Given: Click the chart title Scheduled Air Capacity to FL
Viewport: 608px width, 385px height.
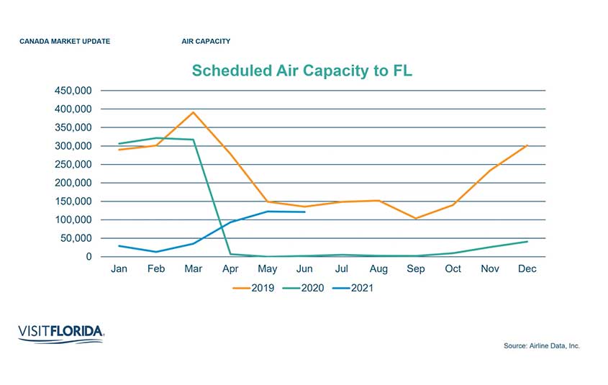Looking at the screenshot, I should (301, 71).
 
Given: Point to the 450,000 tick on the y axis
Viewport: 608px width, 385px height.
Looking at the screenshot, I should (73, 91).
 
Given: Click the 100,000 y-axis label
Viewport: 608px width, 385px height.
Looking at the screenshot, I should (73, 219).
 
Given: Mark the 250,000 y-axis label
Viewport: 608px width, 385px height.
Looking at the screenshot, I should (73, 164).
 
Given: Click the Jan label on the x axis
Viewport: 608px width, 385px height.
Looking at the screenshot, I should (119, 269).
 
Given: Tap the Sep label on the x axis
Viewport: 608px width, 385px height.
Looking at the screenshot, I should (416, 269).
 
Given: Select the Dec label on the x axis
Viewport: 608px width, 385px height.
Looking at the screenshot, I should (527, 269).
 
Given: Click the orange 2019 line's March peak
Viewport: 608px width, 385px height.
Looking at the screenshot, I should (194, 112).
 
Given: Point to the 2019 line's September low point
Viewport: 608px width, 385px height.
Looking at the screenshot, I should (416, 218).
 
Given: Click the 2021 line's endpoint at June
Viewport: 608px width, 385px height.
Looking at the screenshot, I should (305, 212).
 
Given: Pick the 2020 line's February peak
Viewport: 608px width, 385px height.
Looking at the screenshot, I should (157, 137).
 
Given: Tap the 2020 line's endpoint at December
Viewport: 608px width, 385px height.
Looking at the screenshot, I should (527, 241).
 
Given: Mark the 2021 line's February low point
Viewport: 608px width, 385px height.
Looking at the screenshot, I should (157, 252).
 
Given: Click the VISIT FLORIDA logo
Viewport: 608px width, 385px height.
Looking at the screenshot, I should (60, 333).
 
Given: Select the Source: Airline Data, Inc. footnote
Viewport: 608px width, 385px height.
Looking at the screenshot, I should (542, 346).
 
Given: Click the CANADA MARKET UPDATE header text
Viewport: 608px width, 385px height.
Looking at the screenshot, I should (65, 42).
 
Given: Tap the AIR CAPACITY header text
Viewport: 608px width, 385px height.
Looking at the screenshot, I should (206, 42).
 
